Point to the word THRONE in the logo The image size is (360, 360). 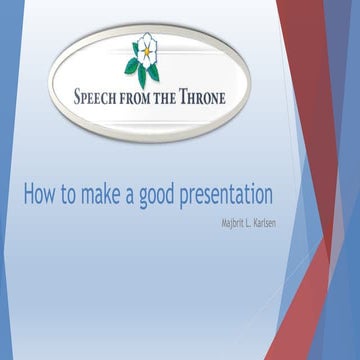coord(206,99)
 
